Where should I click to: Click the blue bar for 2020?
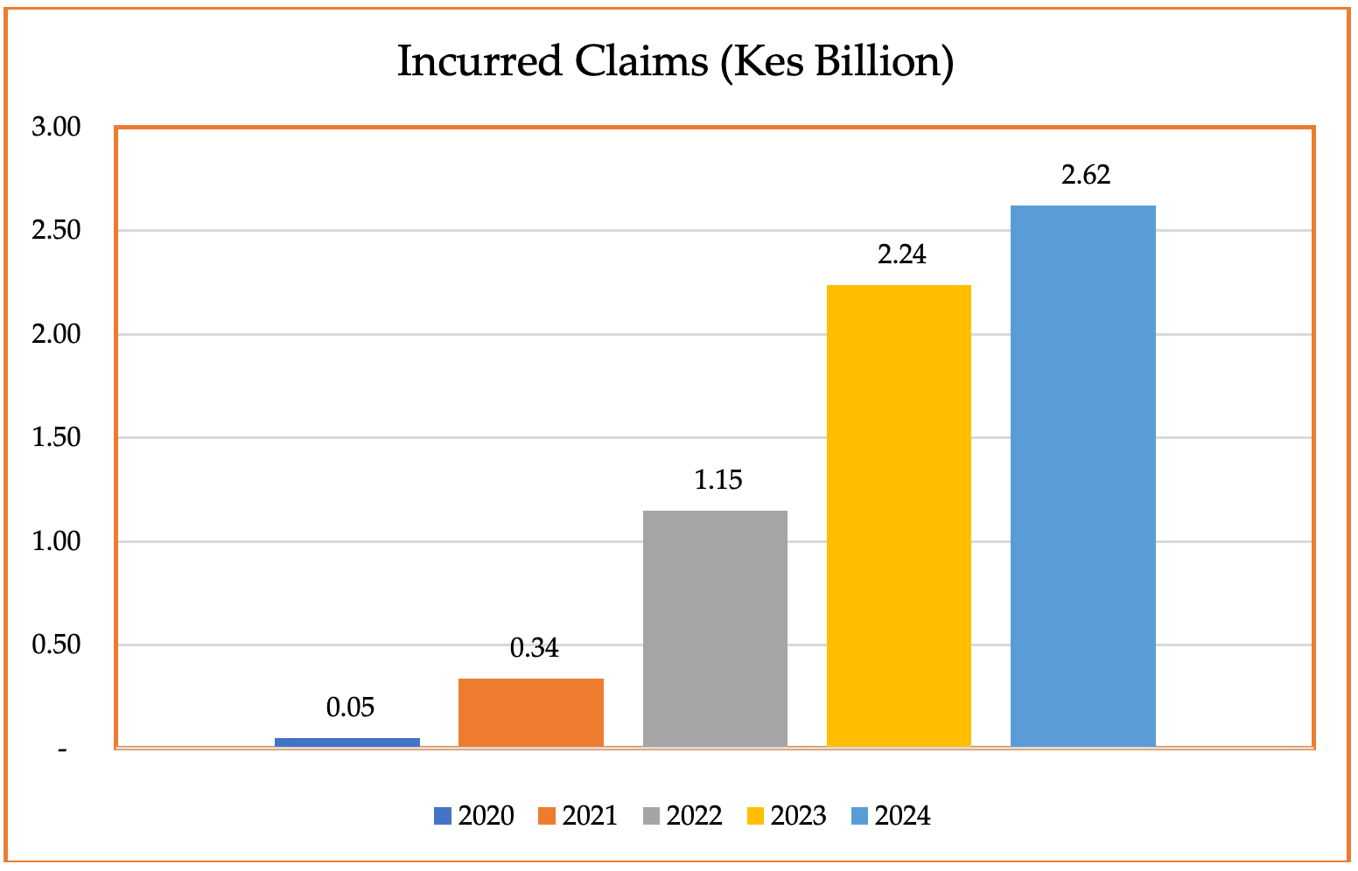pos(346,742)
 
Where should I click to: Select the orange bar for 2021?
pos(530,712)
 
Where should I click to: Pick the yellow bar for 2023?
pos(899,515)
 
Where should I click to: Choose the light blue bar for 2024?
pos(1082,476)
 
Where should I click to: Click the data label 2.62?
pos(1086,175)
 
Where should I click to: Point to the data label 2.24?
pos(901,254)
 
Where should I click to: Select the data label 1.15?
pos(717,480)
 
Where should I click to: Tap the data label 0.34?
pos(534,648)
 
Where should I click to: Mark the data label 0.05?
pos(350,707)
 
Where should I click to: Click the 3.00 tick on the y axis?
pos(56,128)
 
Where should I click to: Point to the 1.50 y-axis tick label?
pos(56,437)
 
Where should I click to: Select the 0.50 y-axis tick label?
pos(56,645)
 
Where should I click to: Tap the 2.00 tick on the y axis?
pos(56,334)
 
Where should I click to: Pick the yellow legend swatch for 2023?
pos(754,816)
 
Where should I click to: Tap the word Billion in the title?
pos(884,62)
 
